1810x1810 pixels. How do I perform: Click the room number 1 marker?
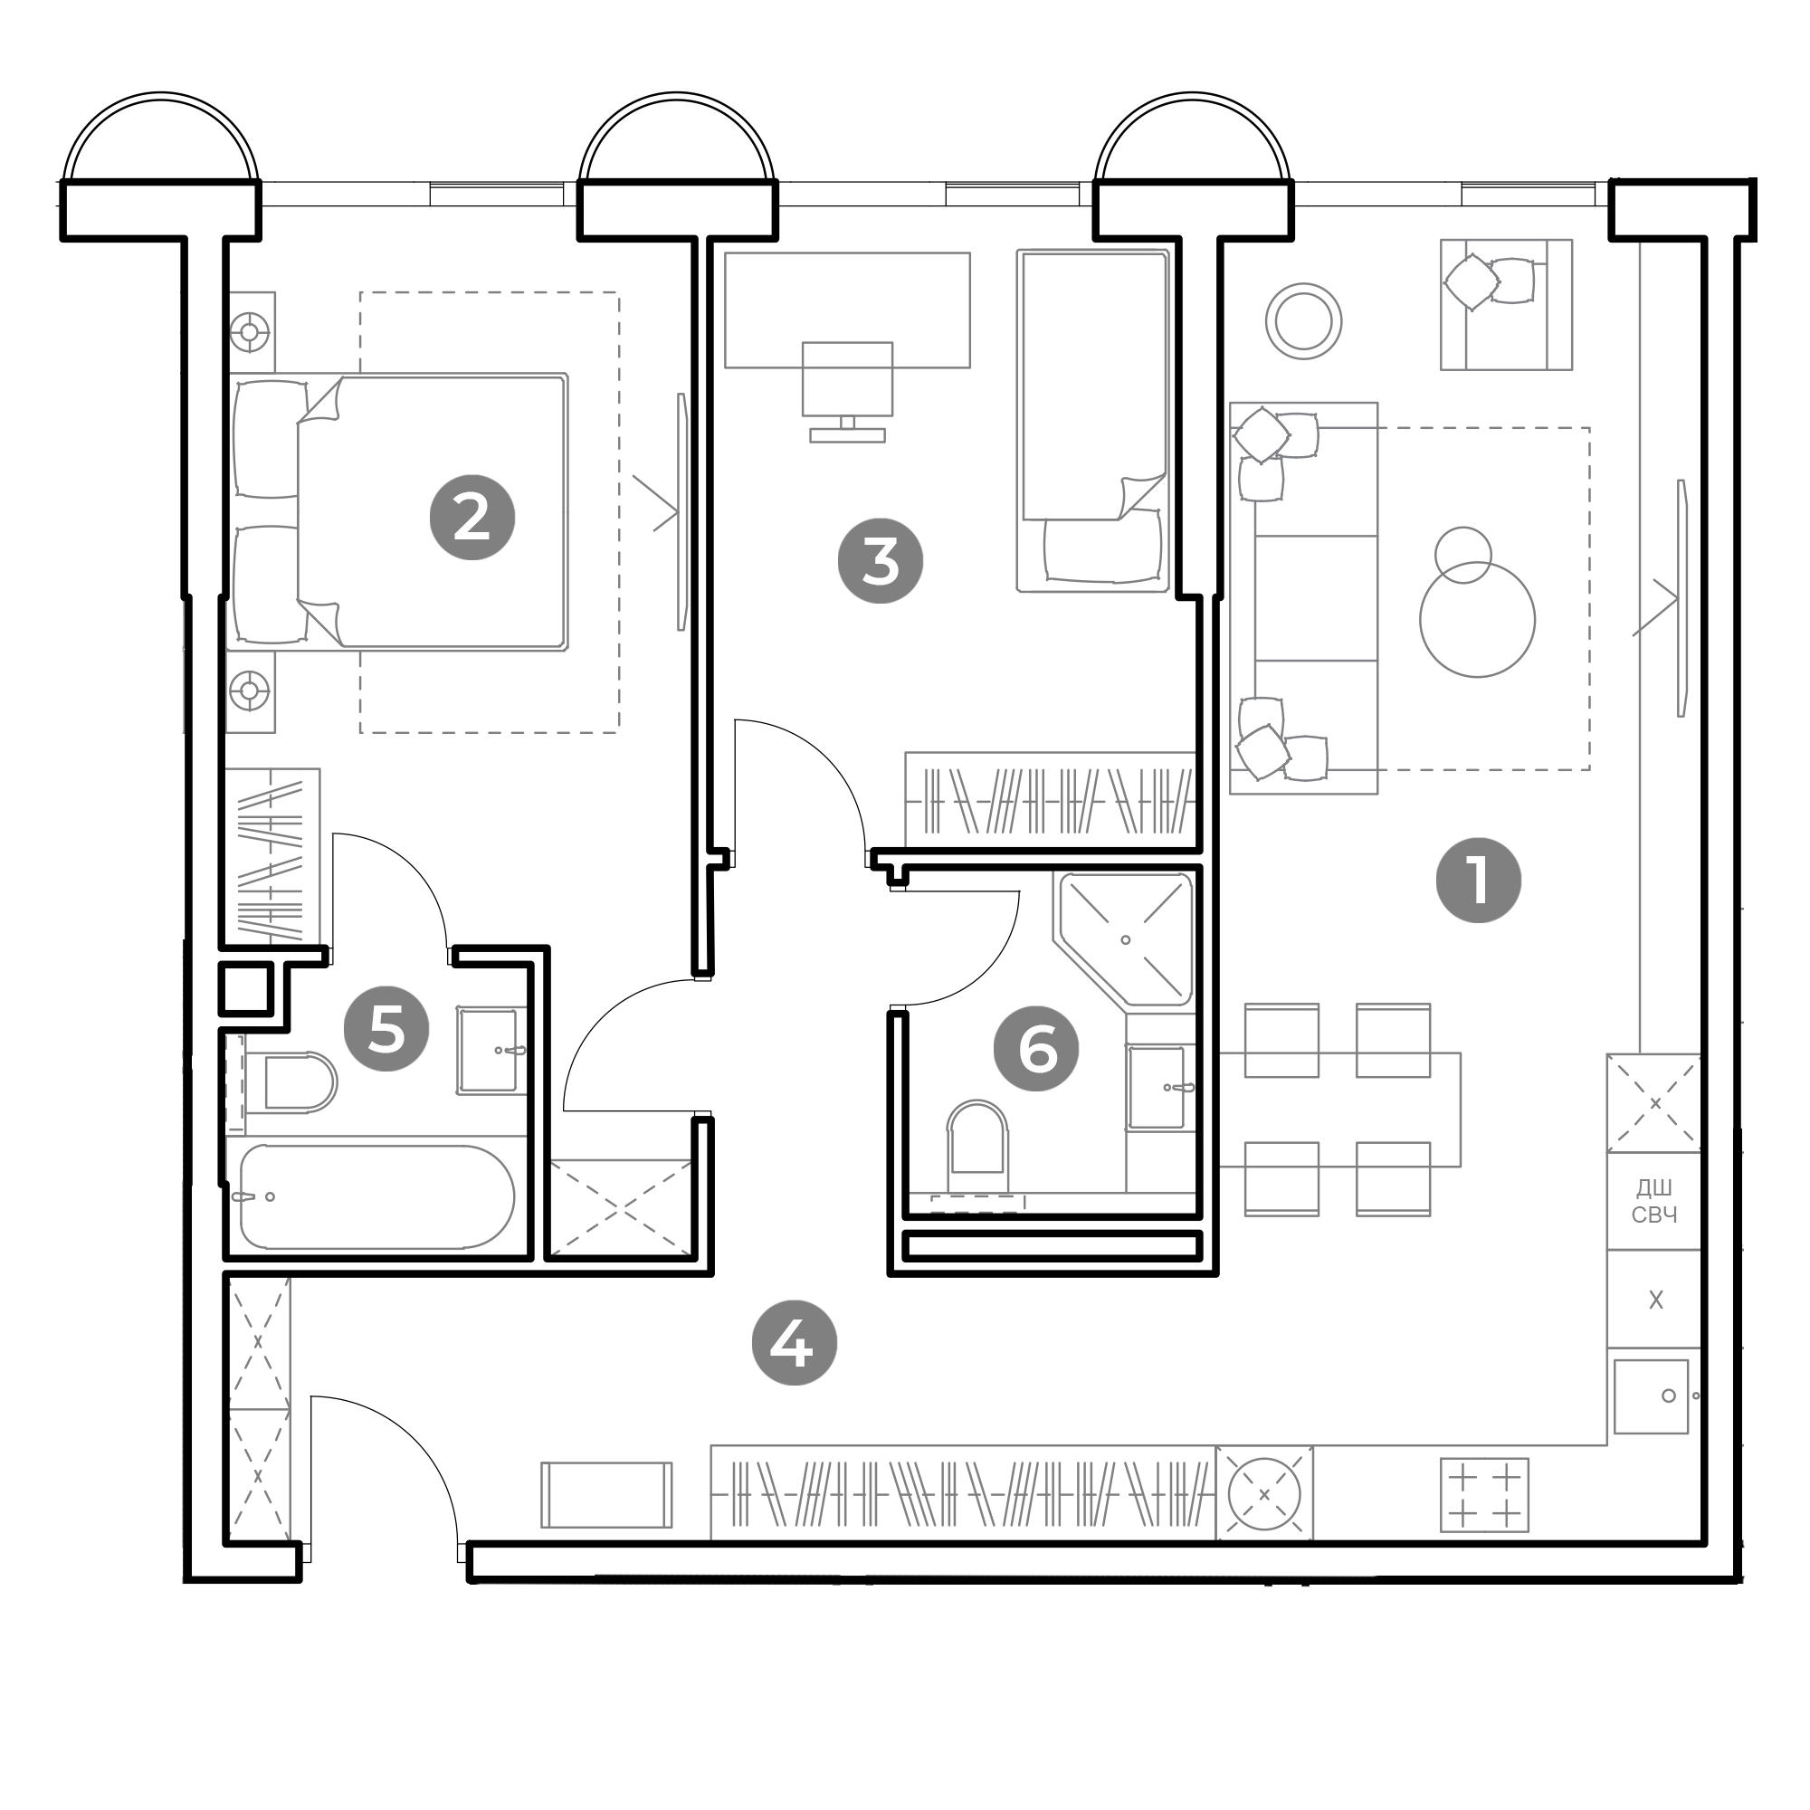tap(1479, 881)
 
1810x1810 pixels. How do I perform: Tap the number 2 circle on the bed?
tap(472, 518)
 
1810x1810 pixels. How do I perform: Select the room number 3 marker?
tap(881, 561)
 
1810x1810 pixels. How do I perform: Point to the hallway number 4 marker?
tap(795, 1342)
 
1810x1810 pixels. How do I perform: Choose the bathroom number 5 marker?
tap(386, 1030)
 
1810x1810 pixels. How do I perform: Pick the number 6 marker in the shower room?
tap(1036, 1048)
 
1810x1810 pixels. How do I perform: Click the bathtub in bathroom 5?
tap(376, 1197)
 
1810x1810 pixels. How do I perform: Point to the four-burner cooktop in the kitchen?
tap(1485, 1494)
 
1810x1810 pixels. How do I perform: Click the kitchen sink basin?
tap(1651, 1396)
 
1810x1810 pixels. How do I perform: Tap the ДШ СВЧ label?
tap(1654, 1201)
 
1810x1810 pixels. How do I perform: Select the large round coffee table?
tap(1478, 619)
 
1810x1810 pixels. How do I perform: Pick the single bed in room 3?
tap(1092, 421)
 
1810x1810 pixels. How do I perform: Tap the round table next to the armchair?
tap(1303, 321)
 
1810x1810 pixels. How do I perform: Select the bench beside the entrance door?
tap(606, 1494)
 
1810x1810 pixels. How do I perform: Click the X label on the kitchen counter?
tap(1655, 1300)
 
